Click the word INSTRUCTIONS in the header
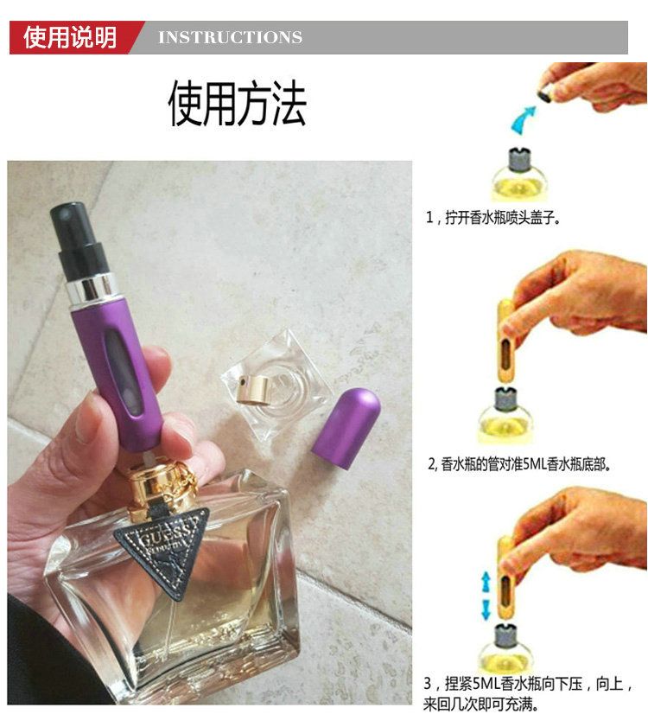tap(230, 37)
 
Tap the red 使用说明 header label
tap(70, 37)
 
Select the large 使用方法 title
tap(237, 103)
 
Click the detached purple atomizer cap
tap(346, 429)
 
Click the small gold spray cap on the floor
tap(252, 389)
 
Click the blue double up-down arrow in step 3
tap(486, 596)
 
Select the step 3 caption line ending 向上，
tap(528, 684)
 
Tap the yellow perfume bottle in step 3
tap(504, 649)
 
